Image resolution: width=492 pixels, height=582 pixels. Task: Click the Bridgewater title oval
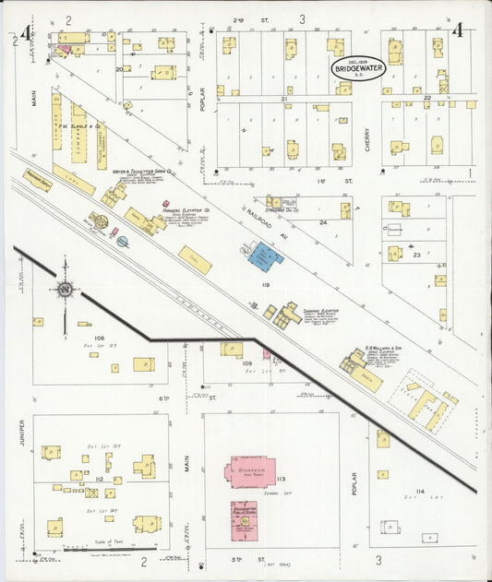tap(359, 68)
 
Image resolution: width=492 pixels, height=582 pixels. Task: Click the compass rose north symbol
tap(66, 290)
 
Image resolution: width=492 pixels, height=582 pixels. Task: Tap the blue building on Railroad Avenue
tap(266, 255)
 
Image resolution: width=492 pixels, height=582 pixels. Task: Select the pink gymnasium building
tap(248, 470)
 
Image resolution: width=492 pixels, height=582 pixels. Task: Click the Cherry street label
tap(366, 138)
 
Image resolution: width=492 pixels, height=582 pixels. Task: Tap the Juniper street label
tap(20, 437)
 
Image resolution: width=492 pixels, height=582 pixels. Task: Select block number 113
tap(281, 479)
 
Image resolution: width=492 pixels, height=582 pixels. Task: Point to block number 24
tap(323, 222)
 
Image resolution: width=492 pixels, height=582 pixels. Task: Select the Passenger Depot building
tap(38, 180)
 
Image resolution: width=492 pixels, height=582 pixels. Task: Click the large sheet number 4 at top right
tap(457, 31)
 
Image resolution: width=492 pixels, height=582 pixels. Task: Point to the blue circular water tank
tap(122, 242)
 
